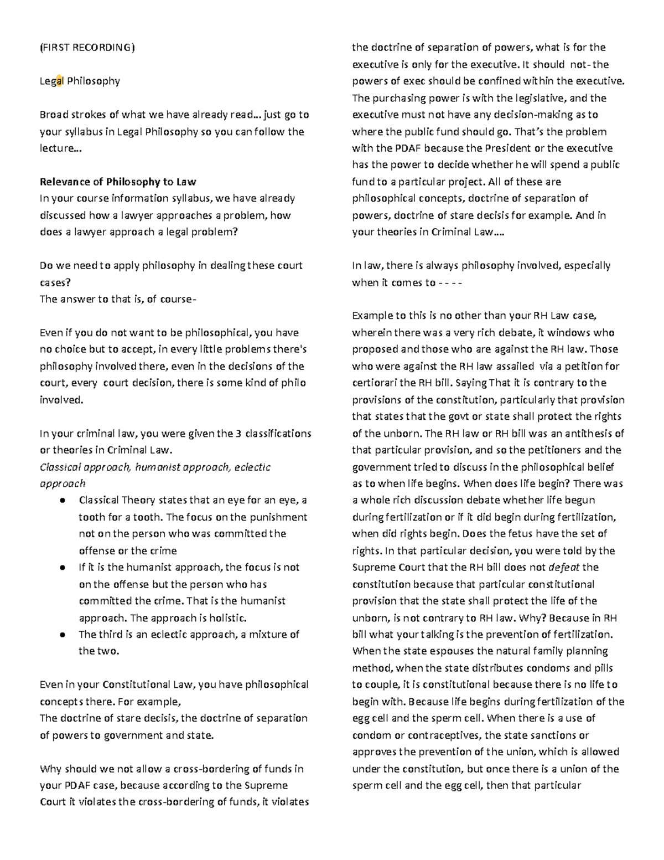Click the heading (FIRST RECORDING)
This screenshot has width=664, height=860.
click(x=87, y=47)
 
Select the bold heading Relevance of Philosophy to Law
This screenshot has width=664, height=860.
click(x=118, y=182)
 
